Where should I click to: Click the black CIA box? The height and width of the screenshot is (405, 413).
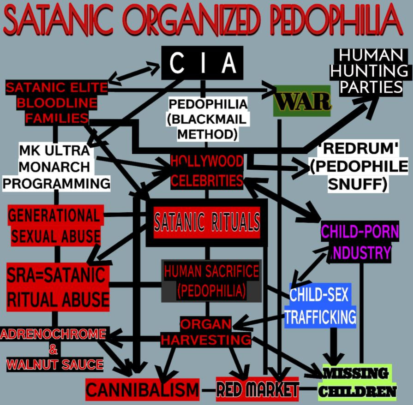[202, 63]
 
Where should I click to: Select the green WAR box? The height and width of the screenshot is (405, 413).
[302, 101]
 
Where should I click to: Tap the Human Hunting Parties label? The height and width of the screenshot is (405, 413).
[371, 71]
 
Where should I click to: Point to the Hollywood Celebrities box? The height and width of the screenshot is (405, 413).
[206, 171]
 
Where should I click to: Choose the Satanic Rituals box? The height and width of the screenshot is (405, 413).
[206, 222]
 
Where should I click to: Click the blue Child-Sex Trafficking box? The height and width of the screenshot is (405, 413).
[320, 305]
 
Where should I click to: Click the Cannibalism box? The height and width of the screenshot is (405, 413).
[142, 390]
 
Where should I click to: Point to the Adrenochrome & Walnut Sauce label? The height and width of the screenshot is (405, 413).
[54, 349]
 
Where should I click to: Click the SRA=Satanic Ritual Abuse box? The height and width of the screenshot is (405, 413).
[58, 287]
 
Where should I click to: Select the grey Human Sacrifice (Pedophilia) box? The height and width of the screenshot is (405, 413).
[211, 281]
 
